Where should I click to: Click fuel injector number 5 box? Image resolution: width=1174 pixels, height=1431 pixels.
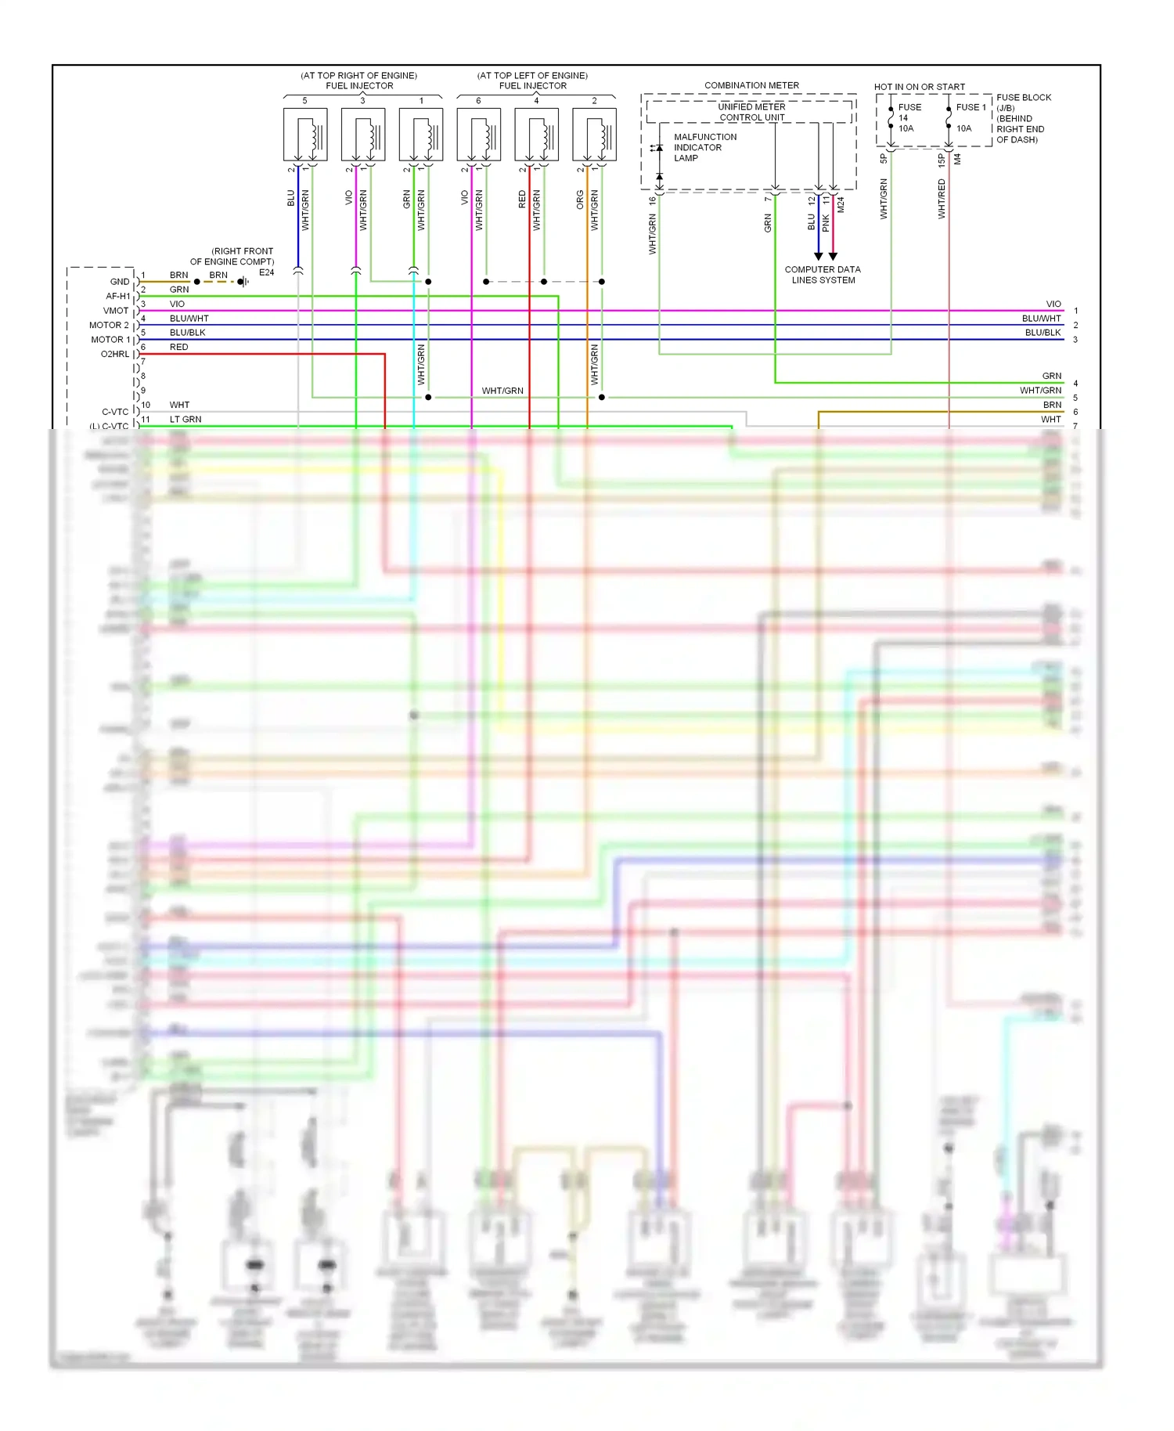pyautogui.click(x=305, y=134)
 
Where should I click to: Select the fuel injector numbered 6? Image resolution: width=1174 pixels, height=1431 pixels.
pyautogui.click(x=479, y=134)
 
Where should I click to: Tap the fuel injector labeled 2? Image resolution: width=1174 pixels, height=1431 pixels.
pyautogui.click(x=594, y=134)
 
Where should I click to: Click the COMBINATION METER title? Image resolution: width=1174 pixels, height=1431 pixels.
pyautogui.click(x=751, y=85)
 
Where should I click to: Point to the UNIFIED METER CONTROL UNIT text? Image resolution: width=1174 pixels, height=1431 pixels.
pyautogui.click(x=751, y=112)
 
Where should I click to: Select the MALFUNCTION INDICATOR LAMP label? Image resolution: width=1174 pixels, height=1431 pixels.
pyautogui.click(x=704, y=147)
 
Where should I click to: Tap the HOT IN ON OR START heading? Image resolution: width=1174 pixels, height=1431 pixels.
pyautogui.click(x=919, y=87)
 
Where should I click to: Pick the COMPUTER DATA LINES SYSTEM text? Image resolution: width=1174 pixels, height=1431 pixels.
pyautogui.click(x=823, y=275)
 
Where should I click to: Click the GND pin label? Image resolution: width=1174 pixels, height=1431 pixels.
pyautogui.click(x=120, y=282)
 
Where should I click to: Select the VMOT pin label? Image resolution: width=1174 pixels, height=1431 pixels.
pyautogui.click(x=116, y=311)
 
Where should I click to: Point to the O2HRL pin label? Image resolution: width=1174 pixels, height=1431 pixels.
pyautogui.click(x=115, y=355)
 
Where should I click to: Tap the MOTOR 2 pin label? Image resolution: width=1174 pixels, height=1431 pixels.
pyautogui.click(x=109, y=325)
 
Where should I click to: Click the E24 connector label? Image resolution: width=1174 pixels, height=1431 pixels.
pyautogui.click(x=267, y=272)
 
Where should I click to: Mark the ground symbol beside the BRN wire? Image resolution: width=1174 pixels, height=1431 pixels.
pyautogui.click(x=243, y=282)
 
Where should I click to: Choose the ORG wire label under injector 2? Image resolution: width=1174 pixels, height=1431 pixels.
pyautogui.click(x=580, y=200)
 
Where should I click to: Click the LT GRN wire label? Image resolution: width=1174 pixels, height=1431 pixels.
pyautogui.click(x=185, y=420)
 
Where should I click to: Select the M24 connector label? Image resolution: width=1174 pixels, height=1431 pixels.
pyautogui.click(x=841, y=205)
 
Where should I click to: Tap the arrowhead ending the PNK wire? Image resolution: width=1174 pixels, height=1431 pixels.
pyautogui.click(x=833, y=256)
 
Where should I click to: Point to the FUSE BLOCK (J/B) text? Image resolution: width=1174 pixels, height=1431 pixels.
pyautogui.click(x=1023, y=103)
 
